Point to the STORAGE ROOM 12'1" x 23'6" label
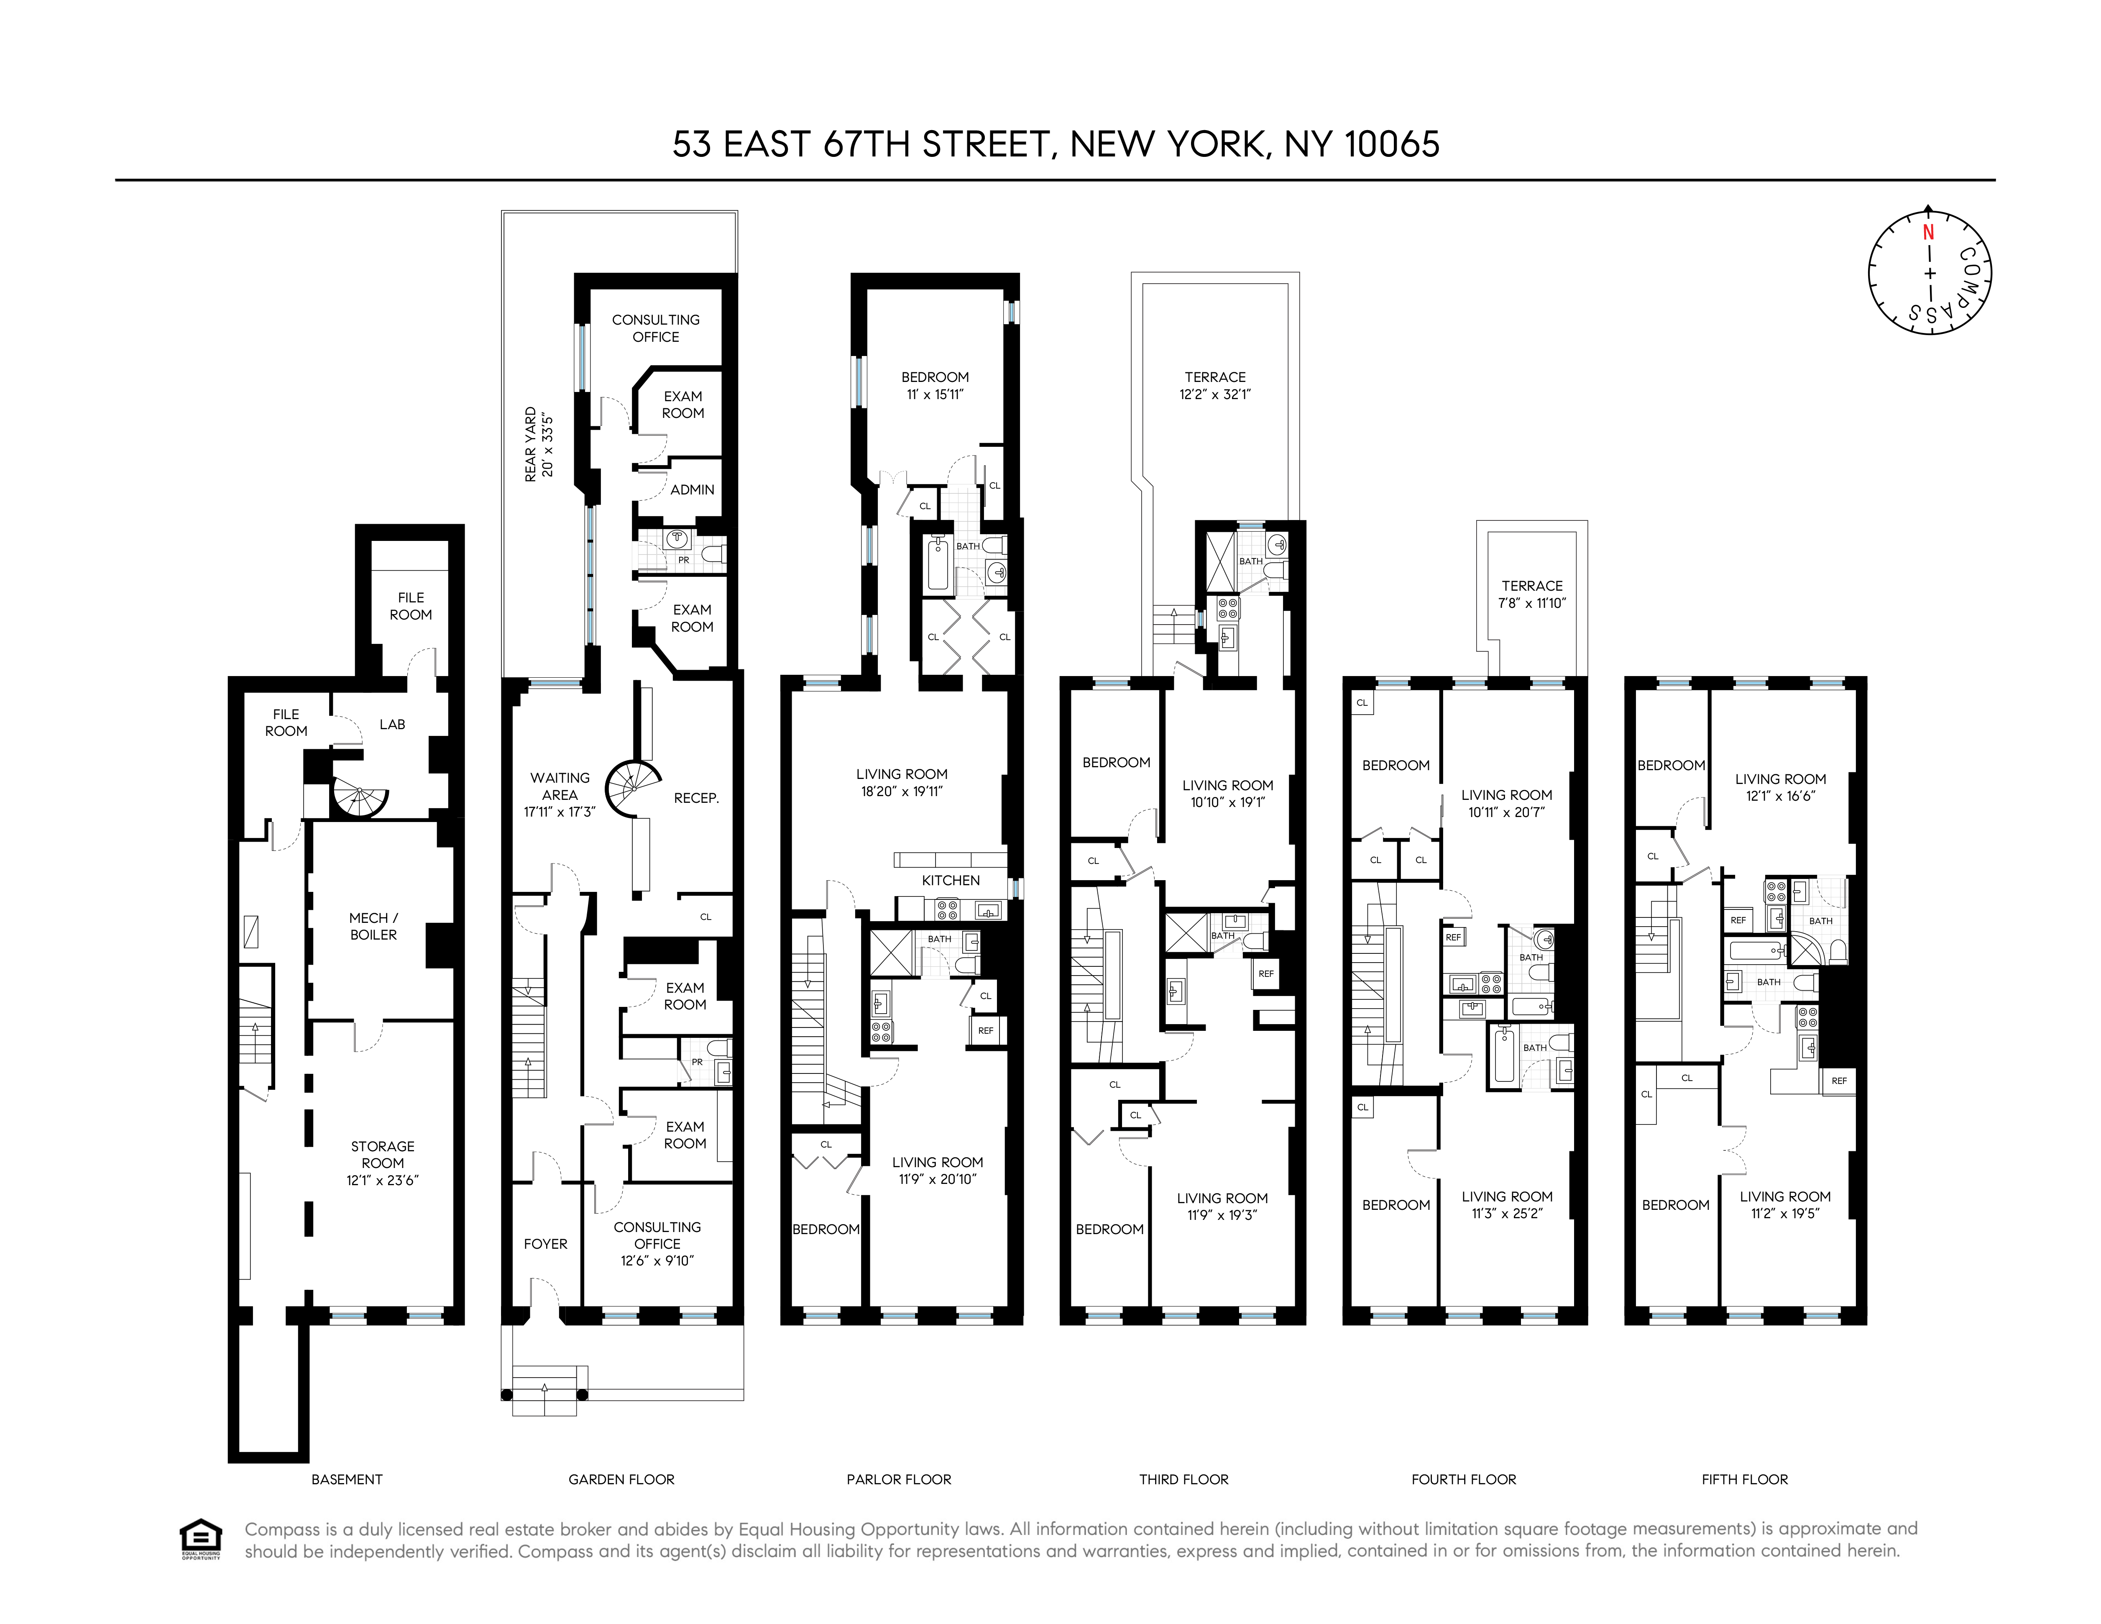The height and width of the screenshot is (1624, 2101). pyautogui.click(x=383, y=1162)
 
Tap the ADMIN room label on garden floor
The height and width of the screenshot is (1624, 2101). pyautogui.click(x=692, y=490)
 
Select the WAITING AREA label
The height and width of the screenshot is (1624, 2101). pyautogui.click(x=560, y=794)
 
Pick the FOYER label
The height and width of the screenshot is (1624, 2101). pyautogui.click(x=545, y=1244)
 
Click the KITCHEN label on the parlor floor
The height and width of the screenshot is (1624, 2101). pyautogui.click(x=951, y=880)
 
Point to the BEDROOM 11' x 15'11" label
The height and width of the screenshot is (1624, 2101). pyautogui.click(x=934, y=385)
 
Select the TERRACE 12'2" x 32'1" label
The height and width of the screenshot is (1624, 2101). pyautogui.click(x=1215, y=385)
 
